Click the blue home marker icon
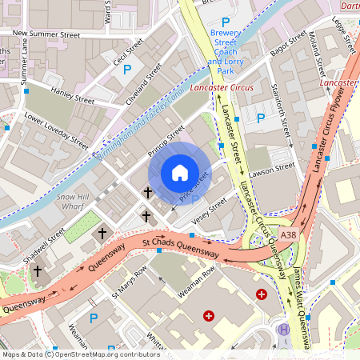pos(180,173)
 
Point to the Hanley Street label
pos(73,95)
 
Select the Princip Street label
pos(166,138)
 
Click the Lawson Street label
pos(274,170)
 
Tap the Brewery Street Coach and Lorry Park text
pos(225,47)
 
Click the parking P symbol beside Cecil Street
pos(127,70)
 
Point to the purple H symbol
pos(282,330)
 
